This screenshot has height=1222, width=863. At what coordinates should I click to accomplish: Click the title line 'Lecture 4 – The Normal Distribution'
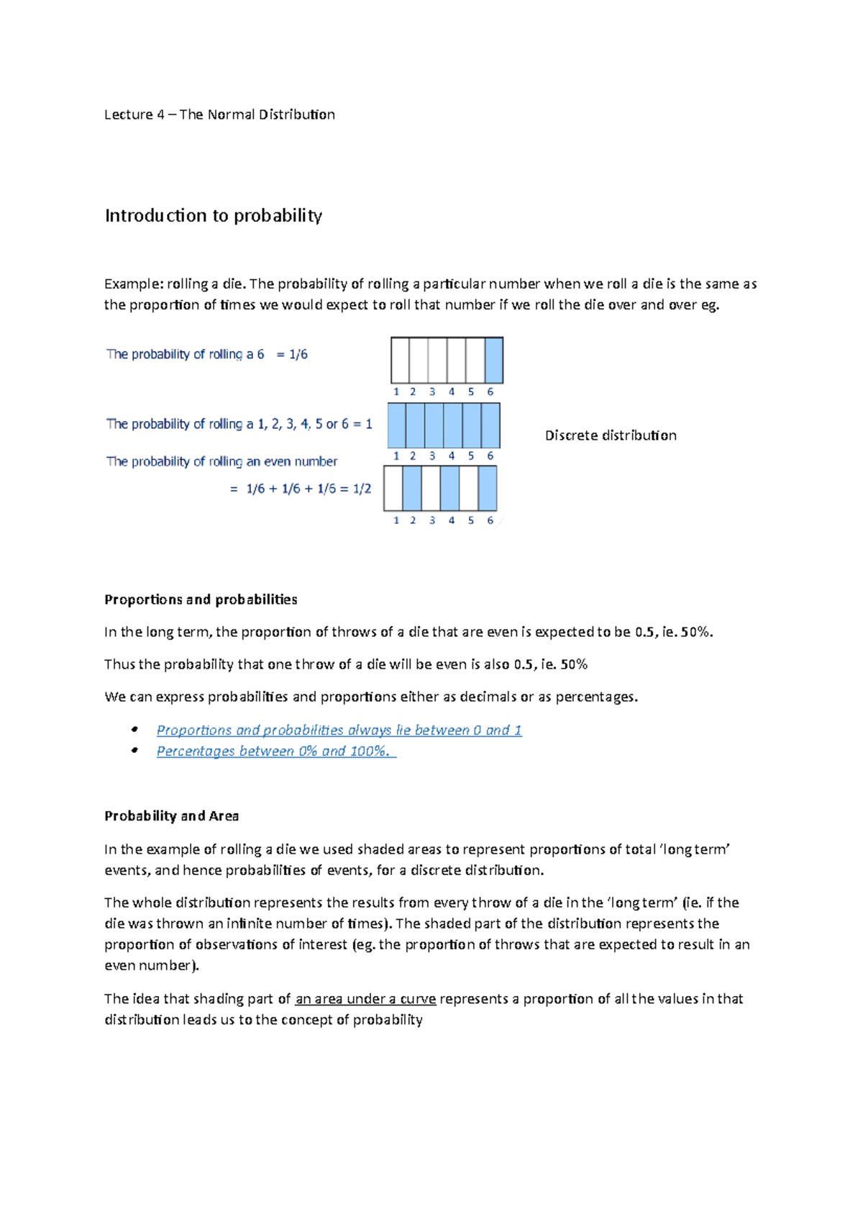[x=219, y=114]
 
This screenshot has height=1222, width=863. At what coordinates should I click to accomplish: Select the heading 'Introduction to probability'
[x=214, y=215]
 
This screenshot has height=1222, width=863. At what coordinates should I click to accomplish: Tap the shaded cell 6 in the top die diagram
[x=493, y=360]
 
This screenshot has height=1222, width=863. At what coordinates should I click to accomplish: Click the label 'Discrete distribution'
[x=610, y=435]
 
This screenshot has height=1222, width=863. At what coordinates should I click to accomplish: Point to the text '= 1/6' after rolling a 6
[x=292, y=354]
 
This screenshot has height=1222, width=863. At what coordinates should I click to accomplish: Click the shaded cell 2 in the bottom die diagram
[x=412, y=489]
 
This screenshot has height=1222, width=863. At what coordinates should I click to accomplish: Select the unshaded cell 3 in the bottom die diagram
[x=431, y=489]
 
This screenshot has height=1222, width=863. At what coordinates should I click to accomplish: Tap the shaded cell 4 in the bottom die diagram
[x=449, y=489]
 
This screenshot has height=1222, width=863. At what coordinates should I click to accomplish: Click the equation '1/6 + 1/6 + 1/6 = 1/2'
[x=309, y=489]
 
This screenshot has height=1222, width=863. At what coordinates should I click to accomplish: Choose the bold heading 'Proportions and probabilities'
[x=201, y=599]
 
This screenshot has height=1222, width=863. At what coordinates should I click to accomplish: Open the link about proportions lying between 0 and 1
[x=339, y=730]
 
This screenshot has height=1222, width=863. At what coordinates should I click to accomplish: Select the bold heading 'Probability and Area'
[x=171, y=816]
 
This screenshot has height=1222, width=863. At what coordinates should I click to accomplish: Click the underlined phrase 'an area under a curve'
[x=365, y=999]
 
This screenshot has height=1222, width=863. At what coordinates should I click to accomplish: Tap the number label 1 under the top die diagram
[x=396, y=392]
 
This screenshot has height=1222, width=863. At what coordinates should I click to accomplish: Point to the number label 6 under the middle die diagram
[x=490, y=456]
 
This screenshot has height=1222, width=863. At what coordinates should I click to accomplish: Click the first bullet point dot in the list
[x=134, y=730]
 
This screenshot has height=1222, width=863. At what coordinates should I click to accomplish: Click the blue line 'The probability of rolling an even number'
[x=222, y=461]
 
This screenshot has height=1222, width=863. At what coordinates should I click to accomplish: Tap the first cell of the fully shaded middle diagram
[x=397, y=425]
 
